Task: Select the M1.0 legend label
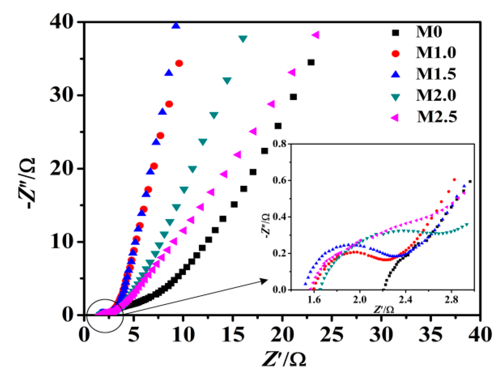[436, 53]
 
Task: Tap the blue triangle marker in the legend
[396, 74]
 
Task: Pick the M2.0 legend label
[436, 95]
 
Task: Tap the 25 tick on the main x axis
[332, 334]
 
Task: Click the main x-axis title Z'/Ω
[284, 359]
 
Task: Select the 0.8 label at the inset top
[280, 144]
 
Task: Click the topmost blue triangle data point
[176, 26]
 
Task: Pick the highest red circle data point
[179, 63]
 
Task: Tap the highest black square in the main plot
[311, 62]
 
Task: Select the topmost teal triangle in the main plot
[243, 39]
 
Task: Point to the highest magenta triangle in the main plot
[315, 35]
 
